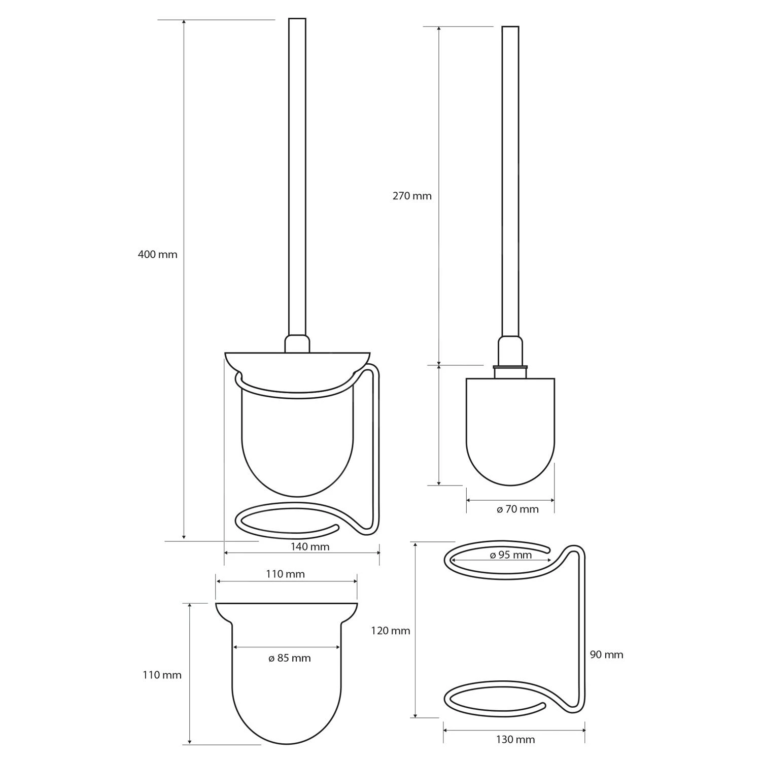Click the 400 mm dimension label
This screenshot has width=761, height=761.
pos(158,254)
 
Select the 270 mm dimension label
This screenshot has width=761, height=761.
pos(412,196)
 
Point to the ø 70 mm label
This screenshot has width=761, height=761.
pos(517,509)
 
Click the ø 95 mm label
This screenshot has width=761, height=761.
pos(511,555)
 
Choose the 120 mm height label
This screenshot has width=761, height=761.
pos(391,631)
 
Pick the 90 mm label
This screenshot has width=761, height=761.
pos(607,654)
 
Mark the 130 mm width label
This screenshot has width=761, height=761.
pos(515,740)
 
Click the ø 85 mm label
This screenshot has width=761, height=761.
pos(289,658)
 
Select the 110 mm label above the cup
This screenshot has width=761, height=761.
pos(286,574)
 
